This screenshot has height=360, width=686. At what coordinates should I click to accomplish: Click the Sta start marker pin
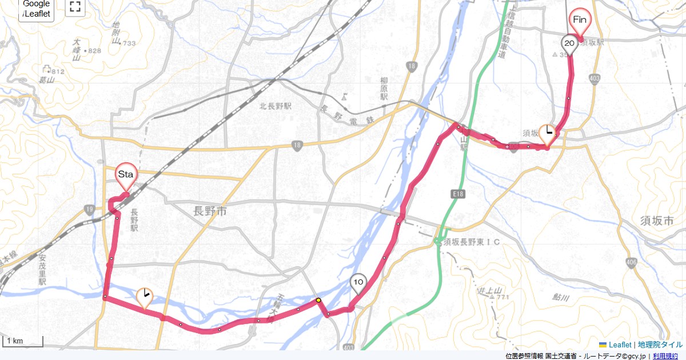coord(126,175)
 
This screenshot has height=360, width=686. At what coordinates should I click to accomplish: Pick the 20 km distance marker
coord(569,43)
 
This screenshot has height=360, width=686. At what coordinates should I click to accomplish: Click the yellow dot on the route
coord(318,299)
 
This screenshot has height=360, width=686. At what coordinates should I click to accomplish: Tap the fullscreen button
coord(75,7)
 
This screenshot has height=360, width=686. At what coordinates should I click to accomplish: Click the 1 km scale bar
coord(23,342)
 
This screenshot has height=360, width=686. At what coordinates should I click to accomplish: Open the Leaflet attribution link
coord(619,345)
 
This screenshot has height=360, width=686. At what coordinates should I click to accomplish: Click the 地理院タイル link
coord(660,345)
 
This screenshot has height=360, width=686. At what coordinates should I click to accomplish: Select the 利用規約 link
coord(666,356)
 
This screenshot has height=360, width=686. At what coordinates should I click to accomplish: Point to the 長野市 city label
coord(210,211)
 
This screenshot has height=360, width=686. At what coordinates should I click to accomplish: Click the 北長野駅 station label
coord(276,106)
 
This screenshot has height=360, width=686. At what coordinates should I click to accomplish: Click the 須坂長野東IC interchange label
coord(472,242)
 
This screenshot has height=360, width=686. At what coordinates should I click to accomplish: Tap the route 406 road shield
coord(631,263)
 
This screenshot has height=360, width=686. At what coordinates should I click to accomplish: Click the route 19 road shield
coord(88,209)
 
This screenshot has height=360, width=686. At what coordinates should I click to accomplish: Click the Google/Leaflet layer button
coord(36,9)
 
